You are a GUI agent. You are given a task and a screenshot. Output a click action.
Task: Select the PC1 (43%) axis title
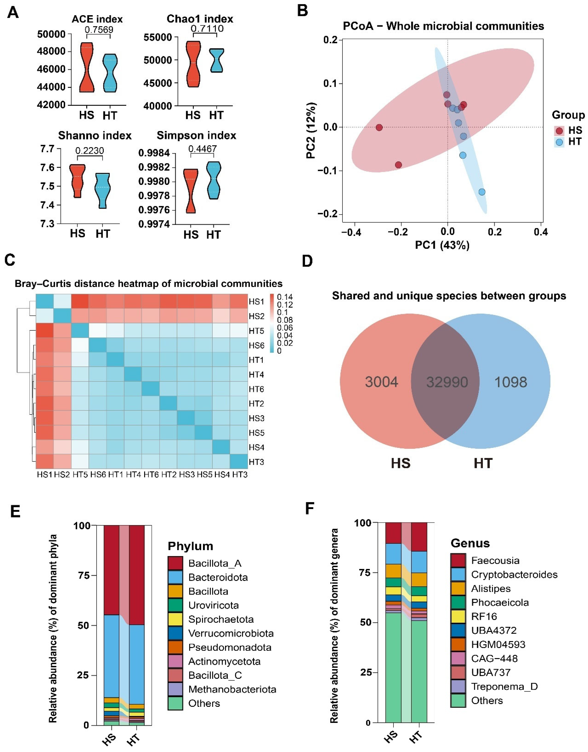pos(442,245)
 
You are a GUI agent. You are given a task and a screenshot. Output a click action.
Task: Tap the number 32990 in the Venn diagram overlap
pos(447,382)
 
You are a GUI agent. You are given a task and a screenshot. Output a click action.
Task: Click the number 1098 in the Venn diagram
pos(510,382)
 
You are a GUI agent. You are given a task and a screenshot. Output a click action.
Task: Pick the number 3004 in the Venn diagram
pos(381,382)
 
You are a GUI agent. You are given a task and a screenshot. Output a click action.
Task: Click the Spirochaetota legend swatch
pos(175,620)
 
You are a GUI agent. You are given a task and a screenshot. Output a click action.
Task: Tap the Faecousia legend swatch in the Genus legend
pos(458,560)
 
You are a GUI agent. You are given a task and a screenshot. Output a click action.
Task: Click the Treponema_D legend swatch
pos(458,687)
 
